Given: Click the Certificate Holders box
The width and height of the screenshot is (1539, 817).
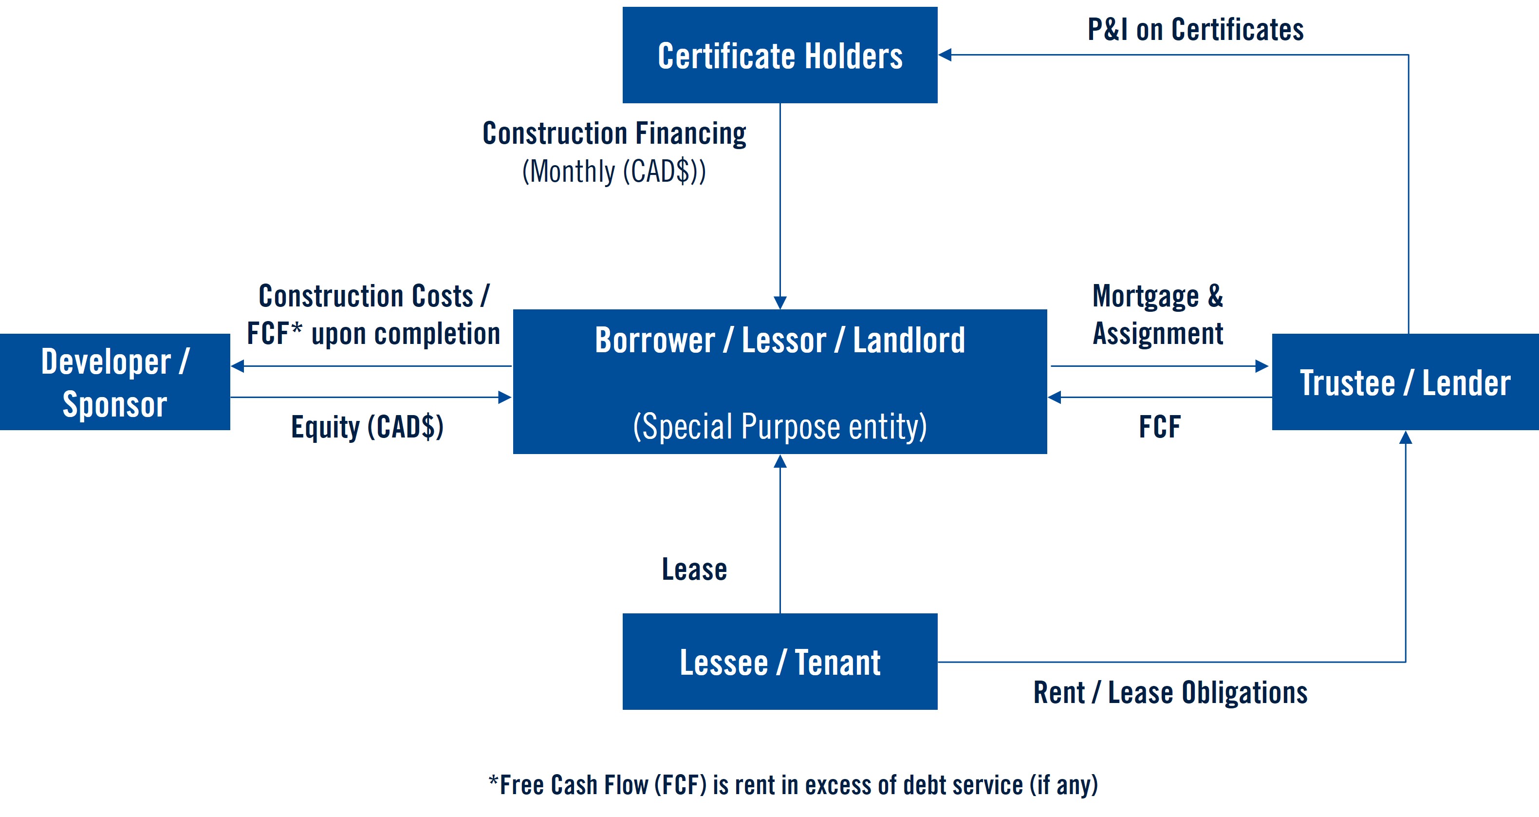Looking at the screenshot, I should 779,55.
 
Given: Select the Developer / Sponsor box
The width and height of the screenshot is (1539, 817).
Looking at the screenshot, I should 115,382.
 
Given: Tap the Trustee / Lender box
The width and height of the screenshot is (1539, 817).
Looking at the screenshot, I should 1405,382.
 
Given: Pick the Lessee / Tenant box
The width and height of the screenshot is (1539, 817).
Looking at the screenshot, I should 779,662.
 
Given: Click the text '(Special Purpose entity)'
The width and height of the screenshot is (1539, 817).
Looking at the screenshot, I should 779,427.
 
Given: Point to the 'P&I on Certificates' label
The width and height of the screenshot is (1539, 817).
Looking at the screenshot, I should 1195,29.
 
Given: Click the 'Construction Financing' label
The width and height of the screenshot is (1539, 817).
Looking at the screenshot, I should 614,133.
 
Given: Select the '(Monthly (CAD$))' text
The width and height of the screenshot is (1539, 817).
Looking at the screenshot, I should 614,171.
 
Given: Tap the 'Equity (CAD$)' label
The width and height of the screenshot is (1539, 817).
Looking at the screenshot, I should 367,427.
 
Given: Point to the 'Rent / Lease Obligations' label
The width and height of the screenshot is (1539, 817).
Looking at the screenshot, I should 1170,693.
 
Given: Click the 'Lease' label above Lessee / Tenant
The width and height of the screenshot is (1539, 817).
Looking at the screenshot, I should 694,569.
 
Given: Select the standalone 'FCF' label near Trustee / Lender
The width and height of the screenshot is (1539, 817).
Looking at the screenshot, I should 1159,427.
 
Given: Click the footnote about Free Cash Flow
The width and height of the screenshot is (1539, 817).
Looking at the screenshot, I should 793,785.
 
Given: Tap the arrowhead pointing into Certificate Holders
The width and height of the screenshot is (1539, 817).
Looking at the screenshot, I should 945,55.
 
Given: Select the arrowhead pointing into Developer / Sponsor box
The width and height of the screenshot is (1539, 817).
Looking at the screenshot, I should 238,366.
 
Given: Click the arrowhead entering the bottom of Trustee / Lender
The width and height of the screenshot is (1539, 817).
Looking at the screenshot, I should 1405,437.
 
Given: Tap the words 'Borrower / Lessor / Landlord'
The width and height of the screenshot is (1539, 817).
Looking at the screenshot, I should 779,340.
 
